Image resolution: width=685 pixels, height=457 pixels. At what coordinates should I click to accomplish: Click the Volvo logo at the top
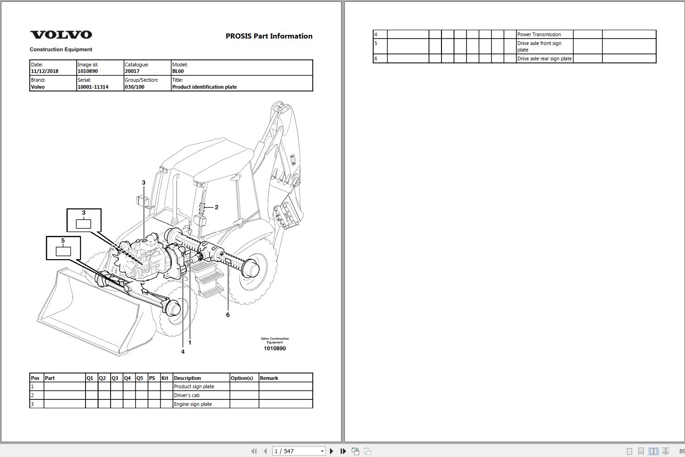tap(61, 35)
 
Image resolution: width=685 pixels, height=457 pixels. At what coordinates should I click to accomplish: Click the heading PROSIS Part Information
tap(269, 36)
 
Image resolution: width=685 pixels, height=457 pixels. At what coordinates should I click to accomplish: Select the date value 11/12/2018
tap(45, 72)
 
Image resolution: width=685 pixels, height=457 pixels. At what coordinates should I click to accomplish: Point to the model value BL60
tap(178, 72)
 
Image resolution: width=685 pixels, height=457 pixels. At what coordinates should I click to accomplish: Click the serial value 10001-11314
tap(92, 87)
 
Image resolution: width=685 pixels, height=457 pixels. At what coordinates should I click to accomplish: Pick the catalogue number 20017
tap(132, 72)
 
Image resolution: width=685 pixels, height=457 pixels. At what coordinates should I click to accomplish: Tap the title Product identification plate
tap(204, 87)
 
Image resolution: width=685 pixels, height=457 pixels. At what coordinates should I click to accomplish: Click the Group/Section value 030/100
tap(135, 87)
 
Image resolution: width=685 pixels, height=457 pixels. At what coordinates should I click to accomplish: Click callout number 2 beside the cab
tap(217, 207)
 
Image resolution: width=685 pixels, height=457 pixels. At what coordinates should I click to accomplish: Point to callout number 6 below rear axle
tap(228, 315)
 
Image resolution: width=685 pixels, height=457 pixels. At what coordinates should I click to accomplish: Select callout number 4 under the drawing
tap(183, 352)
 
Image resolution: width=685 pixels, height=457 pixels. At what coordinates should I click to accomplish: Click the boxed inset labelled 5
tap(63, 248)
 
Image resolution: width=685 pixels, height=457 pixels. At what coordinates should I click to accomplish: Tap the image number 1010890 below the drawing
tap(275, 348)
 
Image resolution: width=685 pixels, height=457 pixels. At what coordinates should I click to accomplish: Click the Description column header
tap(187, 378)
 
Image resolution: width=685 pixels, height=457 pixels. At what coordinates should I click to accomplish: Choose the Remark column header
tap(269, 378)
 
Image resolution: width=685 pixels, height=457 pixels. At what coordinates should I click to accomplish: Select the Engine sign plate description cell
tap(193, 404)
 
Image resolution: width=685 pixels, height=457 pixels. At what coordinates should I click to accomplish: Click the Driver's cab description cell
tap(187, 395)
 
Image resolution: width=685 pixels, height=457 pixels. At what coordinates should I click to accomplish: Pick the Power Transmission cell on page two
tap(539, 34)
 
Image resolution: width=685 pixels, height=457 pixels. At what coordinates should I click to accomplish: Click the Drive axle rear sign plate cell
tap(544, 59)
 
